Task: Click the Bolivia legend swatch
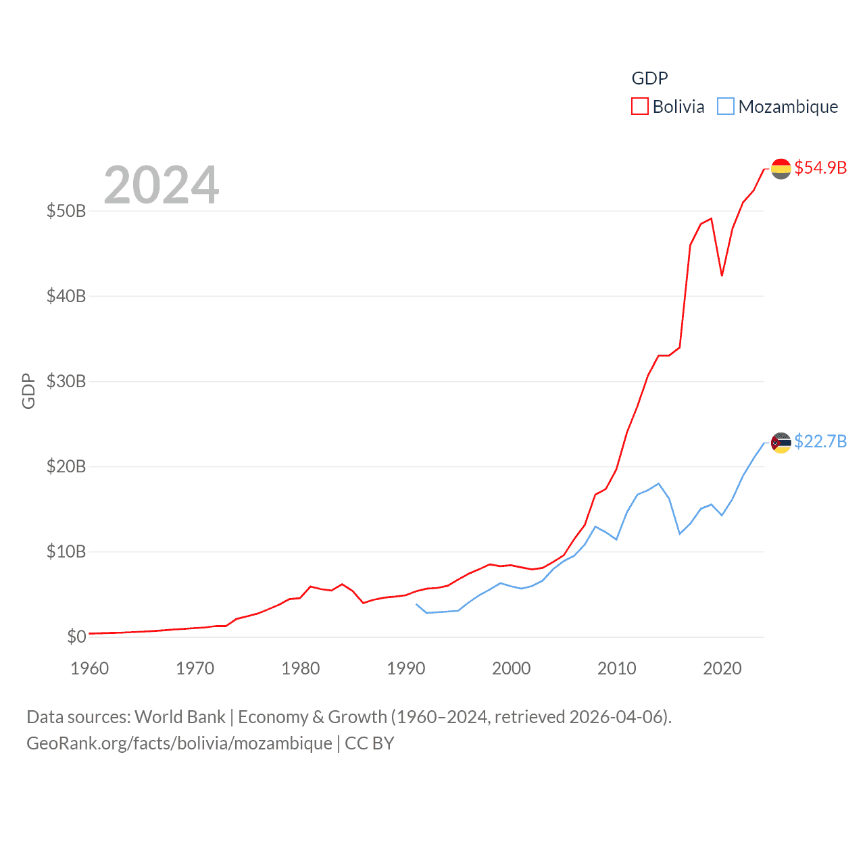click(639, 107)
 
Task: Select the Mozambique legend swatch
click(725, 107)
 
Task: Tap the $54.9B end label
click(820, 168)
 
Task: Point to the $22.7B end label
click(820, 441)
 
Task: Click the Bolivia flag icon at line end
click(781, 168)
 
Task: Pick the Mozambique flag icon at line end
click(781, 443)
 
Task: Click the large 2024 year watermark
click(161, 184)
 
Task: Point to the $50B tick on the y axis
click(66, 211)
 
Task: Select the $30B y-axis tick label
click(66, 381)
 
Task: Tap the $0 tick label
click(76, 637)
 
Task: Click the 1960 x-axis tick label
click(89, 668)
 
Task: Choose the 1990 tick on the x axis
click(405, 668)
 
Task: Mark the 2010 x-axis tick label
click(616, 668)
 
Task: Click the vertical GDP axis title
click(28, 391)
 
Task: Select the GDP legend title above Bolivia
click(649, 78)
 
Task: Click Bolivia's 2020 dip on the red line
click(722, 275)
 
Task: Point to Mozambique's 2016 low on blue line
click(680, 534)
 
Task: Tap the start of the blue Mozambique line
click(416, 604)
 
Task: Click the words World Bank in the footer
click(180, 717)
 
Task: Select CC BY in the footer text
click(369, 743)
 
